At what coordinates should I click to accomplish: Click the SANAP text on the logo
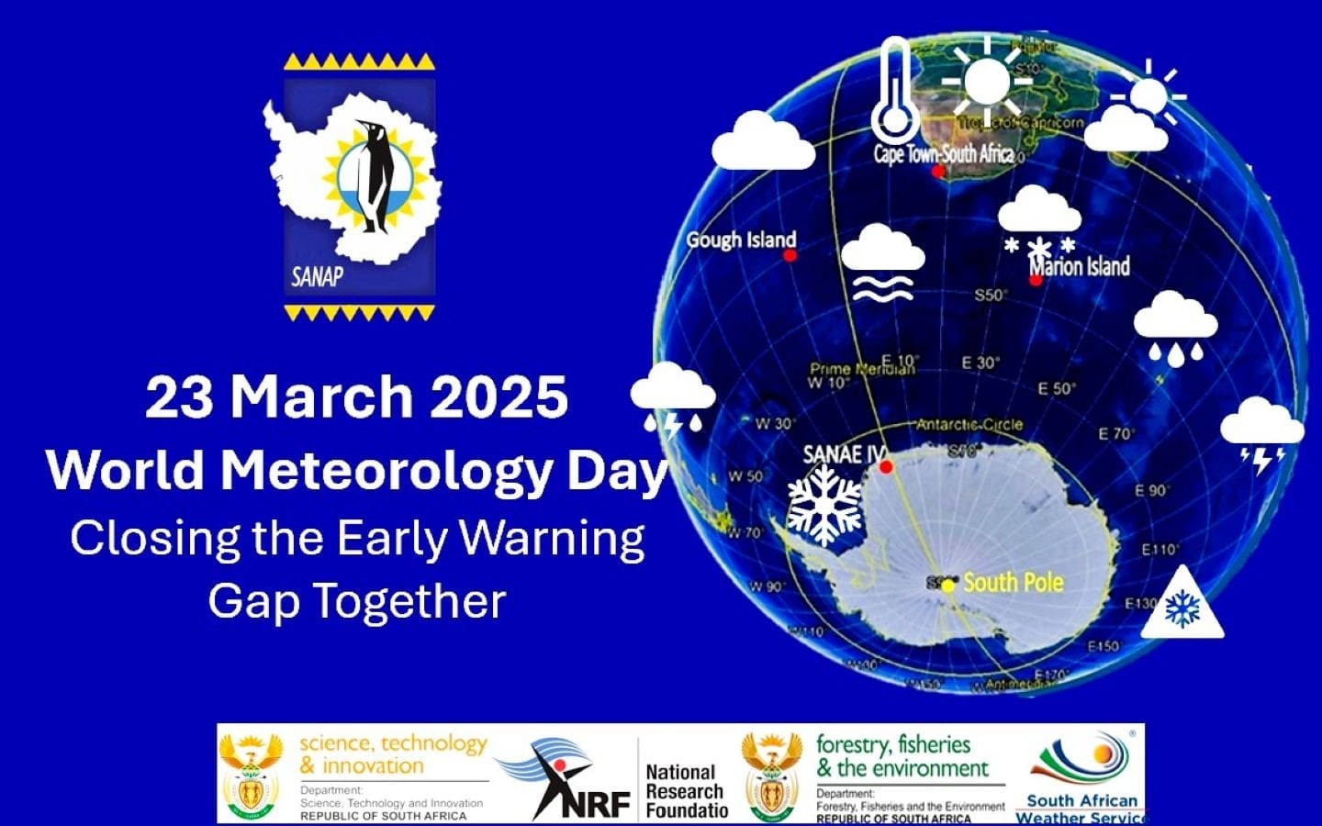point(316,275)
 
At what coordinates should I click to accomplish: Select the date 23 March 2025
point(356,396)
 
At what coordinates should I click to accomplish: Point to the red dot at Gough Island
point(790,256)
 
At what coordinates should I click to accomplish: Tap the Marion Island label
point(1080,267)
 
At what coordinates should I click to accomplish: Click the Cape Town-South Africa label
point(943,153)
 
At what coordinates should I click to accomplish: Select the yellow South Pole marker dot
point(948,586)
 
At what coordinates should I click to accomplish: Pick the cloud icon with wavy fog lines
point(882,262)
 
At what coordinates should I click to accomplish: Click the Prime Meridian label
point(862,368)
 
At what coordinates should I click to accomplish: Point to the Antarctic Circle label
point(969,424)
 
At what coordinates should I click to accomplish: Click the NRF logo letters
point(597,804)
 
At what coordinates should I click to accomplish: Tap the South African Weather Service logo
point(1081,776)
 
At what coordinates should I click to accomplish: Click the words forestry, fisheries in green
point(892,744)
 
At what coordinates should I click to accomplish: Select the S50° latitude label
point(991,295)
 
